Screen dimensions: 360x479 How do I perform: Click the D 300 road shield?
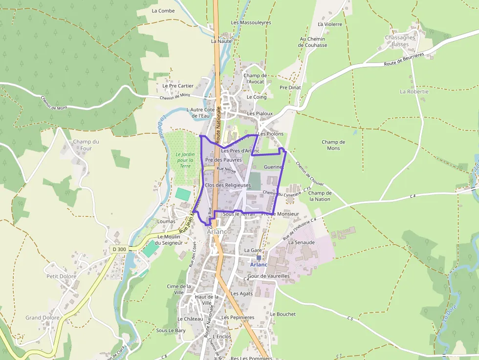119,249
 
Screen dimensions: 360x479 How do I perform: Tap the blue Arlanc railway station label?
259,265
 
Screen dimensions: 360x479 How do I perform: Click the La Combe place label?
163,11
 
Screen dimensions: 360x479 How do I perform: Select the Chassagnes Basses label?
400,41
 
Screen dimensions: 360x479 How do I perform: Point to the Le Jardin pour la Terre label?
185,160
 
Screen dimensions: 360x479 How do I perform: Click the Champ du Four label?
86,145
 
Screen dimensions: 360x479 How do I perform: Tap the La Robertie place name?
414,91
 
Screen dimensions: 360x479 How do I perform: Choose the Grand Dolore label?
43,318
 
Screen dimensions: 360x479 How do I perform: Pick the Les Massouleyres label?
251,23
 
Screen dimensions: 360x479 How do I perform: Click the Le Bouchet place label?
283,314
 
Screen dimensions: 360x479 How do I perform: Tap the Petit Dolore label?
61,276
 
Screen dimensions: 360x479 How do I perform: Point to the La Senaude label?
302,242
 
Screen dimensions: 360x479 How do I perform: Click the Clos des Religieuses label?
228,186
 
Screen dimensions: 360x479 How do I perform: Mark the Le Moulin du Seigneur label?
169,240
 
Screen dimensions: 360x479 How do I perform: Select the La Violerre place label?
330,24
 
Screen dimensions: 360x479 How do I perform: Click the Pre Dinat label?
290,87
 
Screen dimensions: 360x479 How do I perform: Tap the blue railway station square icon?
259,257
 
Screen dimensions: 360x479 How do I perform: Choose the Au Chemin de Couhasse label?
313,42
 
